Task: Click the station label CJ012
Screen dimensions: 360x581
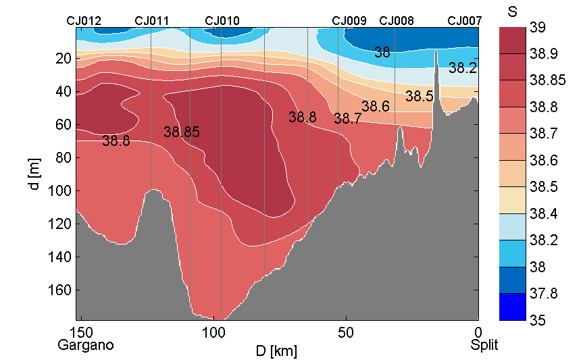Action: (84, 21)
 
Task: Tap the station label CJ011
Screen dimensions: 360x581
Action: (152, 21)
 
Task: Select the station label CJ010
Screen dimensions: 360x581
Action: (222, 21)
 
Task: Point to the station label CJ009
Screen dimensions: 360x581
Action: (349, 21)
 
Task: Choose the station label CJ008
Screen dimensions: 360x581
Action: (397, 21)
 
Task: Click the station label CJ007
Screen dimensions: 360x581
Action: (465, 21)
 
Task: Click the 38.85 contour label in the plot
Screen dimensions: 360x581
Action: (182, 132)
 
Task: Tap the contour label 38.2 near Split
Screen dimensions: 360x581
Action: (463, 68)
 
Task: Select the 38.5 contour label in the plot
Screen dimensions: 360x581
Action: (420, 97)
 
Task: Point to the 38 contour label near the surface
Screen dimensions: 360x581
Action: (382, 52)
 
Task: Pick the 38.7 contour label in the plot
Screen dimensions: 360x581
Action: (347, 119)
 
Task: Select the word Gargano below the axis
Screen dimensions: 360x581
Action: (86, 345)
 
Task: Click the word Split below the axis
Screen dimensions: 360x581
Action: (484, 345)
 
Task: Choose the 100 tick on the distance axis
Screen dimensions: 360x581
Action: (213, 332)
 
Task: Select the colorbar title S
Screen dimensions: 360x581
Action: (512, 11)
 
